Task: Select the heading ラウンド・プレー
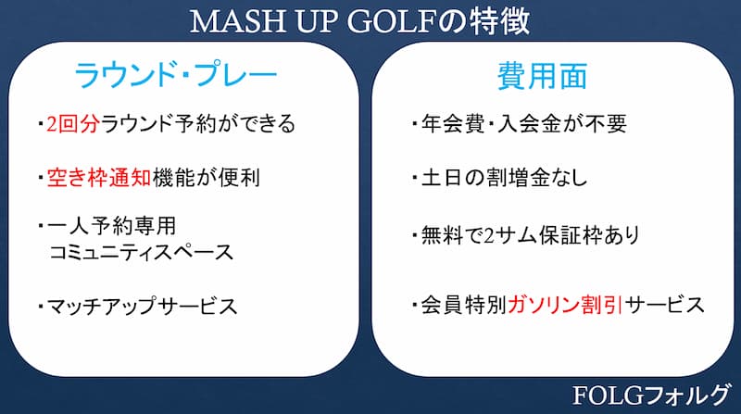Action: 175,75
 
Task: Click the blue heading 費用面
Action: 542,76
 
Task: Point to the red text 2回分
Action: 73,124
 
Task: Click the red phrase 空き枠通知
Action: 99,178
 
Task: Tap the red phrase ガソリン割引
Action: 565,305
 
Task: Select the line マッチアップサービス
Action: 142,307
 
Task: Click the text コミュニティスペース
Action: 142,252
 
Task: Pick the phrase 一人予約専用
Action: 111,226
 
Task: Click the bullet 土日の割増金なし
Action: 504,178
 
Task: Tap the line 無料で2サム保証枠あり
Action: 530,235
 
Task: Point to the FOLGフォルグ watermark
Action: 651,395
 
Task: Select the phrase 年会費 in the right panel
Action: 453,124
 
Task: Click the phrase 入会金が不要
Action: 562,124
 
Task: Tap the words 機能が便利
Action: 206,178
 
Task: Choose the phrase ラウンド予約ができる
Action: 198,124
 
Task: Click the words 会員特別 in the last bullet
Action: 464,305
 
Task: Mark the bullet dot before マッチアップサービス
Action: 41,307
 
